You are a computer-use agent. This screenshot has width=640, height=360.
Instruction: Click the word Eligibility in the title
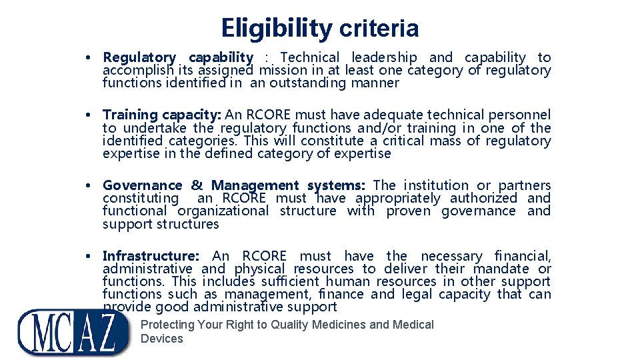(277, 28)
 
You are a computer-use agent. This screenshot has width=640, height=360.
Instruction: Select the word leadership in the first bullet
(384, 58)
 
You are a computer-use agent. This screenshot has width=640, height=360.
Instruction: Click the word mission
(283, 71)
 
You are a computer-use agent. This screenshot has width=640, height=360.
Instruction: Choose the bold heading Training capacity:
(163, 115)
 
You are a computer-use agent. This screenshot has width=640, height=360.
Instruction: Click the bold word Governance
(142, 185)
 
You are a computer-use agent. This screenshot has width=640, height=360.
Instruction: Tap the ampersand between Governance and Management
(197, 185)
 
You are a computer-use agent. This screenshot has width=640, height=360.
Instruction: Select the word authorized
(483, 198)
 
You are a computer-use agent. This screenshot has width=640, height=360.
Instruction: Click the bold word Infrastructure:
(151, 256)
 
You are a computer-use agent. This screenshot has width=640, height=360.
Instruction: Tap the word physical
(259, 269)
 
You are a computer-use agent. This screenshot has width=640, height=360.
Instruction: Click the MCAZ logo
(73, 331)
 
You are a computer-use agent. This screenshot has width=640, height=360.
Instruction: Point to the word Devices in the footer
(161, 339)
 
